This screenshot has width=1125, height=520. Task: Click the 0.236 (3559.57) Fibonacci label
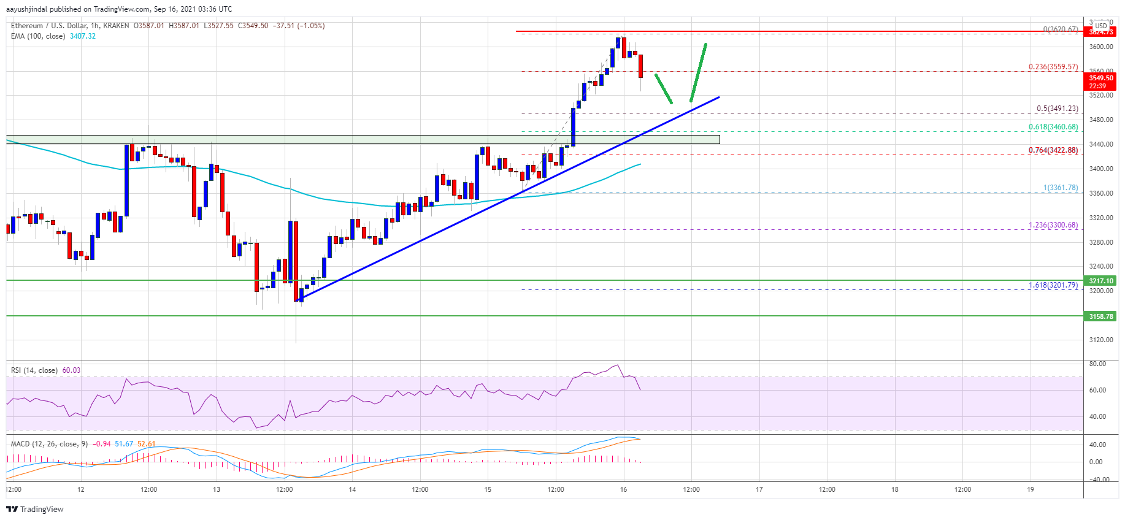[1053, 67]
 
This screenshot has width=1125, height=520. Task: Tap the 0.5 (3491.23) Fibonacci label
[1057, 109]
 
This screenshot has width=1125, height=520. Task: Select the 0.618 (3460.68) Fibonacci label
[1053, 128]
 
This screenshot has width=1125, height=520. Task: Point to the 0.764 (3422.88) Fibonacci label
[1053, 150]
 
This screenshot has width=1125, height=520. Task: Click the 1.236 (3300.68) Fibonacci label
[1053, 225]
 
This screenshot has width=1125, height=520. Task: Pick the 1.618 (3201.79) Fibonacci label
[1053, 285]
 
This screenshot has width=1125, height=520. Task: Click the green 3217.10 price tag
[1100, 281]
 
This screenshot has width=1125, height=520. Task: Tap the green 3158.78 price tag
[1100, 316]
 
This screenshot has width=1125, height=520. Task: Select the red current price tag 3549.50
[1100, 78]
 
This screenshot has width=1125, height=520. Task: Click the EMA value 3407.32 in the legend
[83, 36]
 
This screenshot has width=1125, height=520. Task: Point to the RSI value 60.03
[71, 370]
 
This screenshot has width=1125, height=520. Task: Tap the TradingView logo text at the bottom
[35, 509]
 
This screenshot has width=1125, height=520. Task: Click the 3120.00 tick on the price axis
[1100, 340]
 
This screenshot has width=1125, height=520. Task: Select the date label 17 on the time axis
[759, 489]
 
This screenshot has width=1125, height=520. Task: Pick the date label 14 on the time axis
[352, 489]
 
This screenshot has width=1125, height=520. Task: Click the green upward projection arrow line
[698, 72]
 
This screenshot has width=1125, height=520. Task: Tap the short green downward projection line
[664, 89]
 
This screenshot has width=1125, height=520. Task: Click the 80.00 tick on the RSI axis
[1097, 364]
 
